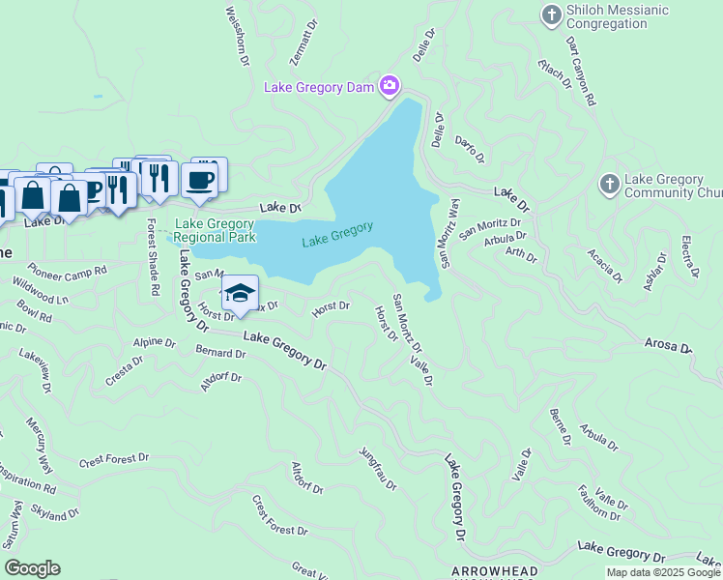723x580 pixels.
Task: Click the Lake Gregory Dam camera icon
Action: tap(390, 87)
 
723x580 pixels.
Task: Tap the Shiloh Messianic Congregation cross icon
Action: tap(551, 14)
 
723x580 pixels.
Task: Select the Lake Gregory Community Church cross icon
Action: tap(609, 184)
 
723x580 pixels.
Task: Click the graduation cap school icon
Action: tap(240, 292)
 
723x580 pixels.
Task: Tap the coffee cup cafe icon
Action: tap(200, 179)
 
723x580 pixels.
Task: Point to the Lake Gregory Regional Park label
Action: tap(215, 230)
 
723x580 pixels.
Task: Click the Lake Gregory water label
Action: tap(337, 234)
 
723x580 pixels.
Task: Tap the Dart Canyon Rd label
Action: tap(579, 71)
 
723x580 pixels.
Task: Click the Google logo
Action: tap(33, 568)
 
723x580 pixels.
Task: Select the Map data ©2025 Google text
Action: tap(663, 572)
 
